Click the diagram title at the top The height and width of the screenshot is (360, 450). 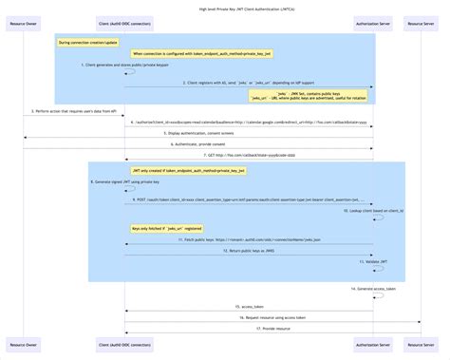[225, 8]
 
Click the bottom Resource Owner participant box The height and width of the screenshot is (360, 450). [24, 343]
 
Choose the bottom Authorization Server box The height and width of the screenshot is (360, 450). [372, 343]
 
